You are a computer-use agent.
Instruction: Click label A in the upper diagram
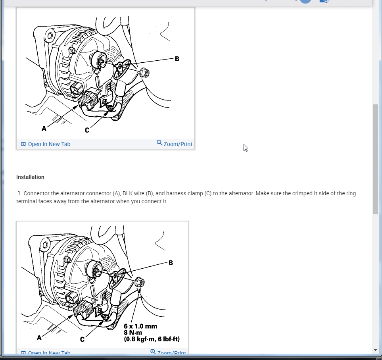[x=44, y=129]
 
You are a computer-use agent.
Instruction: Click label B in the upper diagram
[x=177, y=59]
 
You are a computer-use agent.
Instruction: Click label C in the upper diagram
[x=87, y=130]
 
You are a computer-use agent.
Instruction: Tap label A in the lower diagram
[x=39, y=338]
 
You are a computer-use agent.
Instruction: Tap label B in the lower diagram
[x=171, y=263]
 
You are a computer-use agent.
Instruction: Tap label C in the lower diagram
[x=82, y=340]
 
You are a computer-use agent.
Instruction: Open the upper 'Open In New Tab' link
[x=49, y=144]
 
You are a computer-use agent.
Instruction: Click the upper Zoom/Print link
[x=178, y=144]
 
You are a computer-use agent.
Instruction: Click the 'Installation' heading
[x=30, y=177]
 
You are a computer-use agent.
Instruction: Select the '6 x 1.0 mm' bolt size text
[x=140, y=326]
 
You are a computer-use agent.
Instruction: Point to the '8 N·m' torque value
[x=132, y=333]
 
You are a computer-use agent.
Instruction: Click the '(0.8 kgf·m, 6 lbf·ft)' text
[x=152, y=339]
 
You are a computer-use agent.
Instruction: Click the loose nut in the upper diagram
[x=145, y=73]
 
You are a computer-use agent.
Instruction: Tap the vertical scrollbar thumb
[x=375, y=159]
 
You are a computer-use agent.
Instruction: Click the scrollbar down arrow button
[x=375, y=350]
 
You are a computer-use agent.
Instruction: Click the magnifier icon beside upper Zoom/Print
[x=159, y=142]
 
